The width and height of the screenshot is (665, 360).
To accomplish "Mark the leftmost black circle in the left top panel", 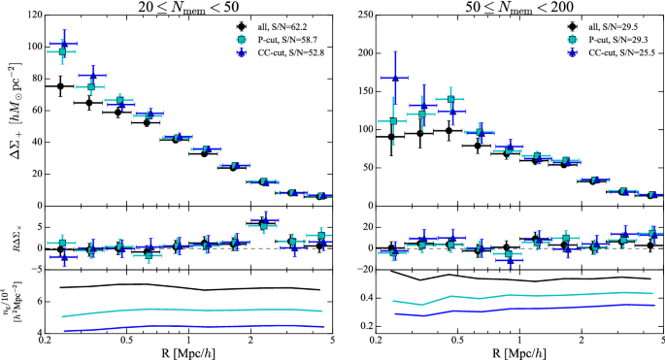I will [x=60, y=86].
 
